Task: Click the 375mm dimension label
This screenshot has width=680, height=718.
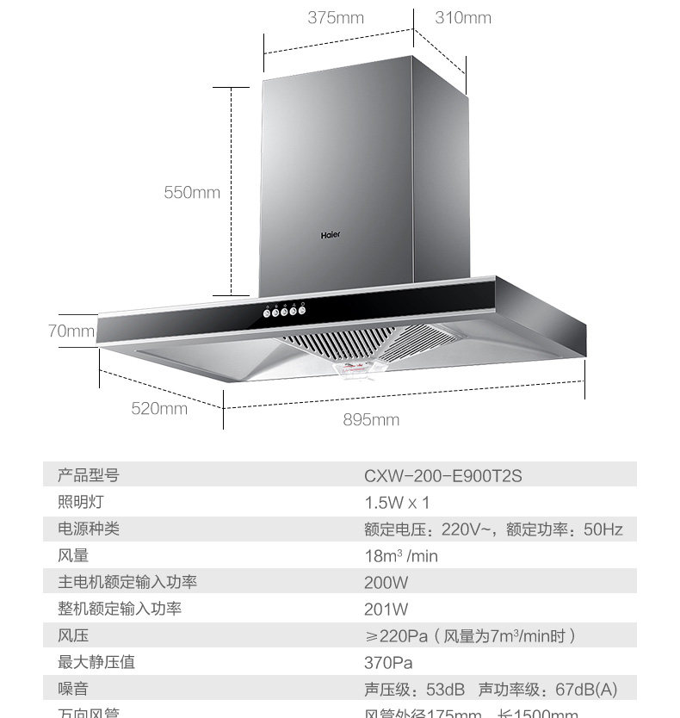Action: coord(336,18)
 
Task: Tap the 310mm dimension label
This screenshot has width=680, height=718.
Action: coord(463,18)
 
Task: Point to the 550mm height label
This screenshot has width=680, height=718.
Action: coord(192,193)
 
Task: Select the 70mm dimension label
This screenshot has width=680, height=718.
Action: coord(71,331)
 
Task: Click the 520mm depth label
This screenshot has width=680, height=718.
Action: coord(159,408)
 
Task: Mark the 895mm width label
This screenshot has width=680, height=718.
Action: coord(371,420)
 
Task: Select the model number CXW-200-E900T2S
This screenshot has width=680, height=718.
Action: coord(442,475)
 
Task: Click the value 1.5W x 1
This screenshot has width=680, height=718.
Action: coord(396,502)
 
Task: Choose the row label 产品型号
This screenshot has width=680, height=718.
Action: coord(88,475)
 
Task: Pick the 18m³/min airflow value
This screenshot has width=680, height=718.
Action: coord(400,556)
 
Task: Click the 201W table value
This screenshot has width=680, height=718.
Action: coord(386,610)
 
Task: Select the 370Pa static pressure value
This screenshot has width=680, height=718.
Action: coord(388,663)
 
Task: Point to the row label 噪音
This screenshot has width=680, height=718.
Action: coord(73,690)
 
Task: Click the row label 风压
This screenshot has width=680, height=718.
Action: coord(73,636)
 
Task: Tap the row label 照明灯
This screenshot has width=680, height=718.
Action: coord(80,502)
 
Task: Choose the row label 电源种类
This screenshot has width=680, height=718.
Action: coord(88,529)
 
